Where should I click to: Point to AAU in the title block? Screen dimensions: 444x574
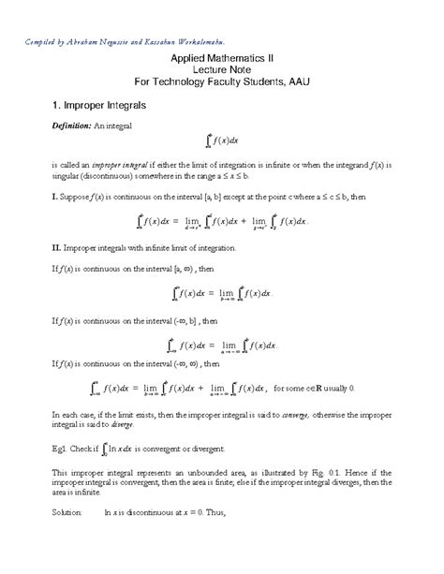(x=297, y=83)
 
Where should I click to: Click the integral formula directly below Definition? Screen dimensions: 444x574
(x=221, y=142)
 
